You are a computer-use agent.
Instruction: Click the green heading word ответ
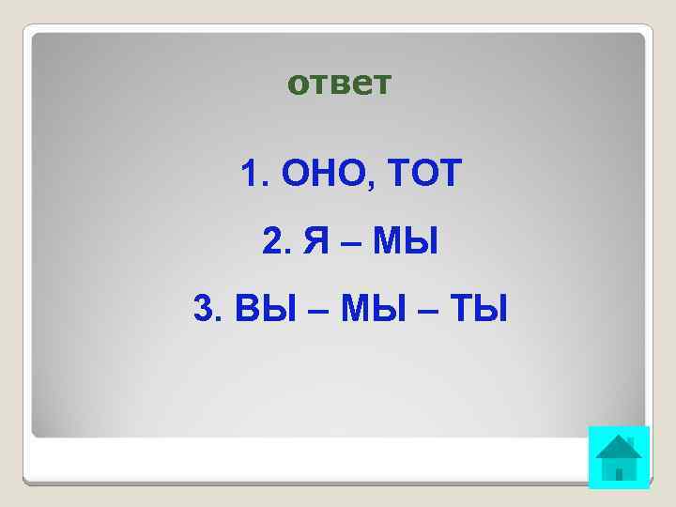point(338,84)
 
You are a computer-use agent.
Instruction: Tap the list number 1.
point(249,175)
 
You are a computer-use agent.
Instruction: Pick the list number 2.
point(273,242)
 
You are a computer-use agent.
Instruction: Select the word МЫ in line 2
point(405,242)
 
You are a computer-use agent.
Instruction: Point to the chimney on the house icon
point(630,441)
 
